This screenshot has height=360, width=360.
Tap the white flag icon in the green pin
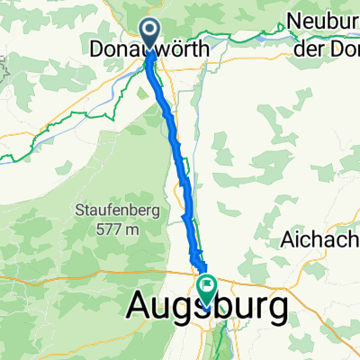pos(208,288)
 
